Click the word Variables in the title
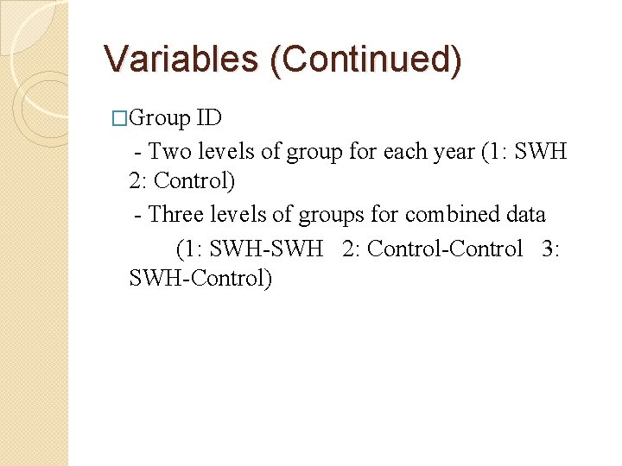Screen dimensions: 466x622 pyautogui.click(x=176, y=59)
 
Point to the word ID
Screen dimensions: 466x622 pyautogui.click(x=209, y=118)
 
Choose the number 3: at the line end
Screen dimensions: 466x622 pyautogui.click(x=551, y=249)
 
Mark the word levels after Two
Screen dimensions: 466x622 pyautogui.click(x=225, y=152)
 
